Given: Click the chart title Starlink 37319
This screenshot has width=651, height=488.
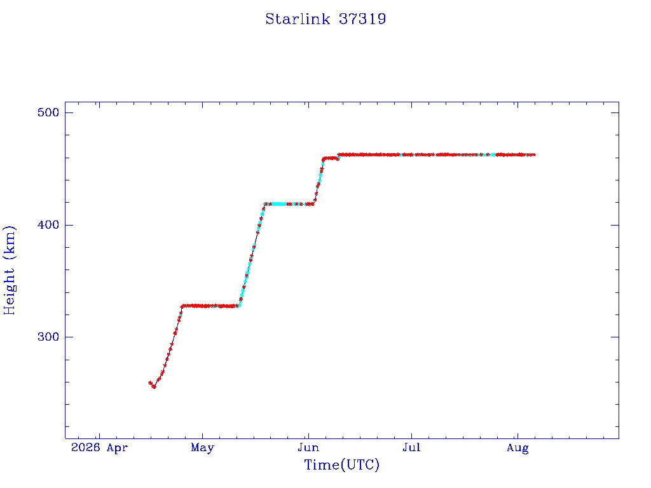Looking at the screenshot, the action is tap(325, 19).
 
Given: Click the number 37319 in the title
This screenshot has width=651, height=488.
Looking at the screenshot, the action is tap(362, 19).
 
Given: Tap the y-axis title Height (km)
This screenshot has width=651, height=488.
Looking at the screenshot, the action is tap(10, 270).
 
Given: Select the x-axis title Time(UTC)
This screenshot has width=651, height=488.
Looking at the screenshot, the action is tap(341, 464).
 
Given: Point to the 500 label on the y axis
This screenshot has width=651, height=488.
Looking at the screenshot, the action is tap(48, 112).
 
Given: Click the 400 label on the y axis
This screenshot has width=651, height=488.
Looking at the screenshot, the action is tap(48, 225).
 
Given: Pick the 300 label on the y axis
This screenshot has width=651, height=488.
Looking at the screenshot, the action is tap(48, 337).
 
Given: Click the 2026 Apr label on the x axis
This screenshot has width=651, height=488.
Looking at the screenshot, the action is tap(99, 448).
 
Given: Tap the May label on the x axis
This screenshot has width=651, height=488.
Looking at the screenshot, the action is tap(203, 448).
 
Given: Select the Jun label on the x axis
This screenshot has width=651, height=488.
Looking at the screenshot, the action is tap(308, 448).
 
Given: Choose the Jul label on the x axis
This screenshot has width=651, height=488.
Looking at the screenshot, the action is tap(411, 448).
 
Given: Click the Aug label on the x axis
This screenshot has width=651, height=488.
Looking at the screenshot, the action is tap(517, 448).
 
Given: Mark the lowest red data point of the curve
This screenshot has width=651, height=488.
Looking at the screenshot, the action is tap(154, 387).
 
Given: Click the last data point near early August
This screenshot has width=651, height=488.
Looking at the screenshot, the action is tap(533, 155).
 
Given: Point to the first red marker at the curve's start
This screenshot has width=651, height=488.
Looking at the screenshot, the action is tap(150, 383).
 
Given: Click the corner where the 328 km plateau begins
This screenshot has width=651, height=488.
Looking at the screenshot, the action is tap(182, 306).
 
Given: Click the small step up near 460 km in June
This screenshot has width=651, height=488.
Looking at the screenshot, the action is tap(338, 156).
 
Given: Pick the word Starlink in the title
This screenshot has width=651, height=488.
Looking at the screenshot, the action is tap(298, 19).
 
